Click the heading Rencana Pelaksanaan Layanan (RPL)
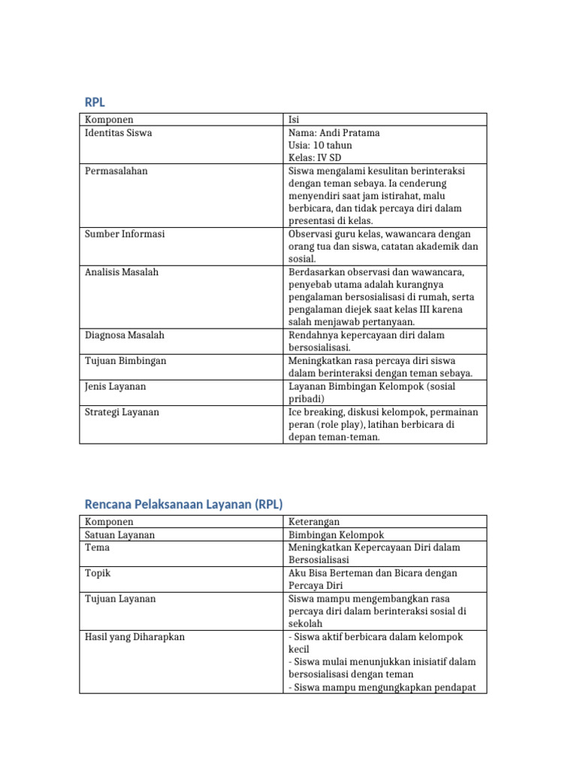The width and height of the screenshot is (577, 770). click(x=183, y=504)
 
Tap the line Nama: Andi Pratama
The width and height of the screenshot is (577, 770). click(x=334, y=133)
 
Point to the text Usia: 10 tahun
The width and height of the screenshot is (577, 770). click(x=320, y=145)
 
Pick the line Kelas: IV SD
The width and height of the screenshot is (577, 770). click(x=314, y=158)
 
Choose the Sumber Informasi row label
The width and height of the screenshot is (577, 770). click(x=125, y=234)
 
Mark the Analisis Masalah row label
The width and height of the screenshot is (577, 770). click(x=122, y=272)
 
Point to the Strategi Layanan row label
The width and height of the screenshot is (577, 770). click(x=122, y=412)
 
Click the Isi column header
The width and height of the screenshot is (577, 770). click(x=294, y=120)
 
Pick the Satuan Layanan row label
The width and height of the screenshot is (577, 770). click(x=120, y=535)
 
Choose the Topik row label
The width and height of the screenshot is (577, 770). click(x=98, y=573)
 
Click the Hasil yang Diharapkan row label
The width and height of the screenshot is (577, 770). click(x=134, y=637)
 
